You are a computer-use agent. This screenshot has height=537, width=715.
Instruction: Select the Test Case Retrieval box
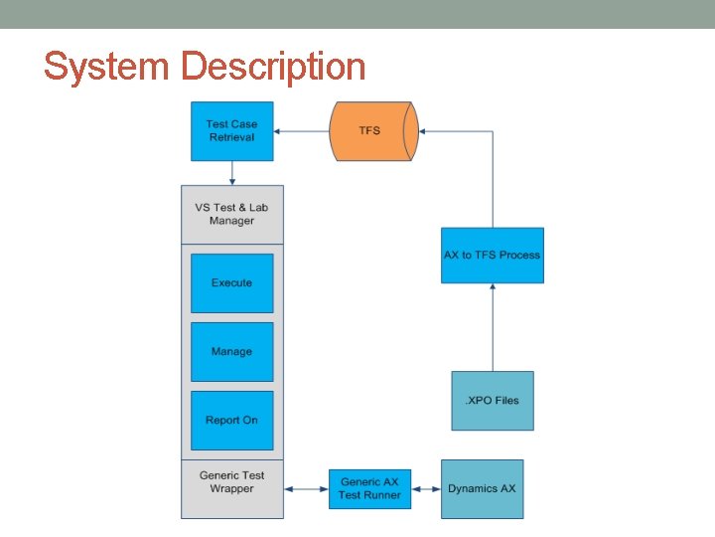coord(231,131)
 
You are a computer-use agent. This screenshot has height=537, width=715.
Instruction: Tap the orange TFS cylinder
coord(369,131)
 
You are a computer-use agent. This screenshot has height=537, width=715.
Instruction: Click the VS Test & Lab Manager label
coord(231,214)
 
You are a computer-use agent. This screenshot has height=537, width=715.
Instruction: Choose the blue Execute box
coord(231,283)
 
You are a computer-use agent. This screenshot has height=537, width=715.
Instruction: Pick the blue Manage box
coord(231,352)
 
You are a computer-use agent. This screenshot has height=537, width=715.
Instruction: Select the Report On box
coord(231,421)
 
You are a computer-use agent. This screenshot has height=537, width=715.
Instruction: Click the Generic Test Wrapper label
coord(231,482)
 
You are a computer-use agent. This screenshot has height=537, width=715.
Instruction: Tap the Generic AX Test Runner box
coord(369,488)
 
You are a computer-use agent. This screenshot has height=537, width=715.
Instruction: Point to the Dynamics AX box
coord(482,488)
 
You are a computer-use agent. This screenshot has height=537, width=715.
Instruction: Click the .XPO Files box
coord(493,401)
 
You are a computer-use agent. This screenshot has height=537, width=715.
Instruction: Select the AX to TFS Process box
coord(493,256)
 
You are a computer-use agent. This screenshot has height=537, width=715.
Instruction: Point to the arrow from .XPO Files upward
coord(493,327)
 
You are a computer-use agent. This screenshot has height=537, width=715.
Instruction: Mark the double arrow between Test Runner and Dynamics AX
coord(425,488)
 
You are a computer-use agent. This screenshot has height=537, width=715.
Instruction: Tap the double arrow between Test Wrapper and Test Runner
coord(306,488)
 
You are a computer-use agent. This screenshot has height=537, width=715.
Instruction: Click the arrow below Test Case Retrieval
coord(231,173)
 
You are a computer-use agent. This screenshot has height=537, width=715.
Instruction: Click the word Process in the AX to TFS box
coord(520,256)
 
